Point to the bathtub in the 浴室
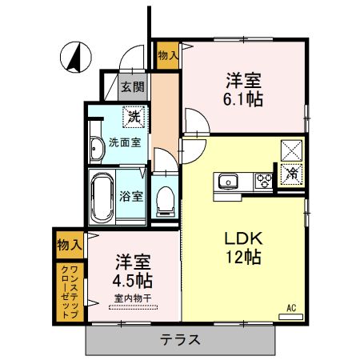tap(102, 198)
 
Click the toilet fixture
tap(166, 199)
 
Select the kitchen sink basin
tap(228, 182)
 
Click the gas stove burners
tap(264, 182)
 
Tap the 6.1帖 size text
tap(244, 99)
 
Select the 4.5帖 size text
tap(133, 281)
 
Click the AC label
tap(291, 306)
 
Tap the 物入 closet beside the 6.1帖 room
tap(168, 55)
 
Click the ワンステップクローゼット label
tap(70, 291)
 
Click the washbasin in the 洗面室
tap(98, 146)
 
